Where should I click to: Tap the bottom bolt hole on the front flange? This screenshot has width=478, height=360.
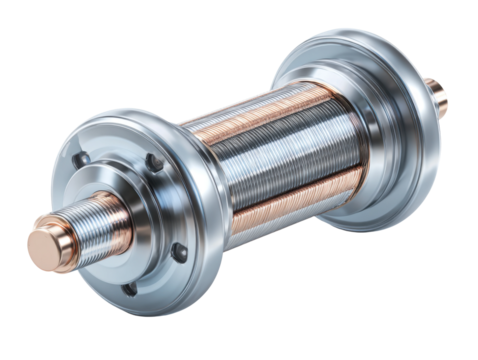click(129, 289)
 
